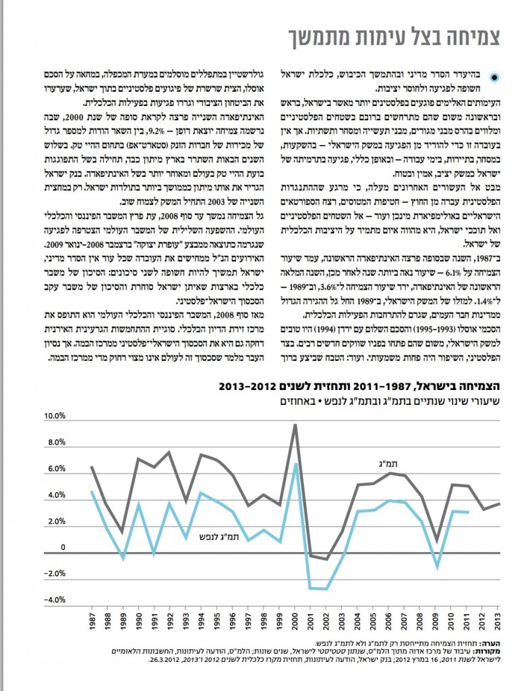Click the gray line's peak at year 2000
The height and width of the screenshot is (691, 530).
click(x=295, y=425)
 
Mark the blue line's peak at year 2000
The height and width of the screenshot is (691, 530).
click(x=295, y=464)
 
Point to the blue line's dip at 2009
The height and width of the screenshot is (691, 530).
click(x=436, y=568)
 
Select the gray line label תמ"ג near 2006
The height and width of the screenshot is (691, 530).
click(x=386, y=462)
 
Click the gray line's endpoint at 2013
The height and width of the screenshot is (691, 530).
click(x=499, y=503)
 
